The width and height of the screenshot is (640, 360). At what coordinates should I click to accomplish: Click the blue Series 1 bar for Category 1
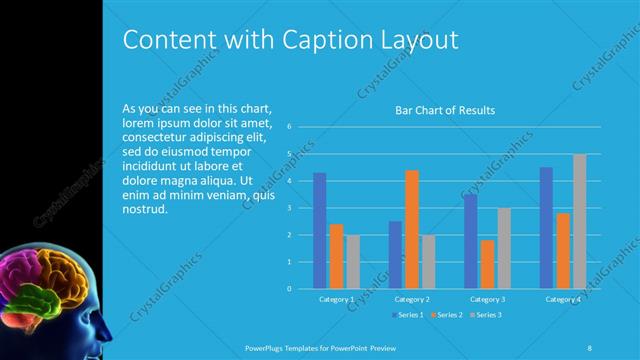click(319, 231)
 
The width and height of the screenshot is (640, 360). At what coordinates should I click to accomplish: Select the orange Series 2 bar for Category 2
click(411, 229)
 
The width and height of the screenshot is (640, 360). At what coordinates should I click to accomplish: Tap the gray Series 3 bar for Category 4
click(579, 221)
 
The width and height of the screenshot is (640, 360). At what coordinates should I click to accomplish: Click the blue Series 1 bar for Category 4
click(546, 228)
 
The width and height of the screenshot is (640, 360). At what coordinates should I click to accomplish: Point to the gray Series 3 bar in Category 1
click(353, 262)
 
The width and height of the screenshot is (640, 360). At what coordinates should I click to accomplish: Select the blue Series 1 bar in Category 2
click(395, 255)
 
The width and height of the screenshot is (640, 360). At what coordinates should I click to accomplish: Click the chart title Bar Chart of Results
click(446, 110)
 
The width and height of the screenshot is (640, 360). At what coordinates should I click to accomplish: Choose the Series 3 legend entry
click(487, 315)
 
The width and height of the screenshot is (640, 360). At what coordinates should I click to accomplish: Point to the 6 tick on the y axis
click(288, 127)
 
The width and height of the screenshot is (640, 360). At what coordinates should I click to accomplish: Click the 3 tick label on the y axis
click(288, 208)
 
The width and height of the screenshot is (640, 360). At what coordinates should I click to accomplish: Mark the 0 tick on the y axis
click(288, 289)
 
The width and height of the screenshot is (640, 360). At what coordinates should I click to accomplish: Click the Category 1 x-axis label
click(336, 299)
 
